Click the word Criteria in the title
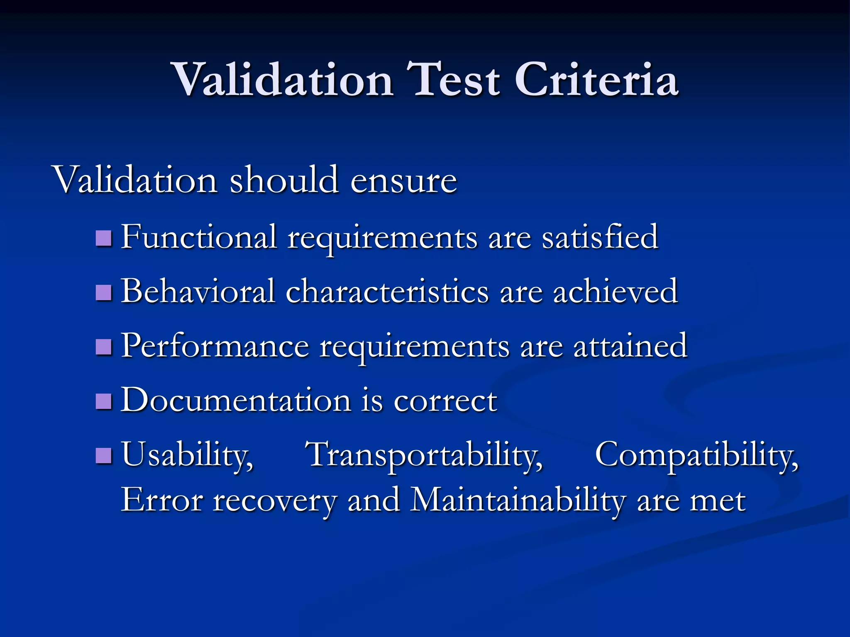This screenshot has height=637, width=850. (x=596, y=80)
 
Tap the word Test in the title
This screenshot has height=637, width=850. (x=453, y=80)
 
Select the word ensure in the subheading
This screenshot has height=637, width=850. (x=403, y=181)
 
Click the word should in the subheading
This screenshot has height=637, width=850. (x=284, y=180)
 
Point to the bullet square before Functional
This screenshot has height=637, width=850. (x=104, y=238)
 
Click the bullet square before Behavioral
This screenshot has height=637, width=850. (x=104, y=292)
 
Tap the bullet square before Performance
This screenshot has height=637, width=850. (x=104, y=347)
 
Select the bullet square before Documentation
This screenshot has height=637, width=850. (x=104, y=401)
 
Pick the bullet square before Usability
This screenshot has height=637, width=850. (x=104, y=455)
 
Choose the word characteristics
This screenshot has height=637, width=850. (x=387, y=292)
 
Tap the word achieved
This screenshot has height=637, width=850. (x=615, y=292)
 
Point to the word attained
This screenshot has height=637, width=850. (x=630, y=346)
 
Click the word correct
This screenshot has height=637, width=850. (x=445, y=401)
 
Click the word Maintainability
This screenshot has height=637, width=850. (x=518, y=501)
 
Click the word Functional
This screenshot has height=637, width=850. (x=199, y=237)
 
